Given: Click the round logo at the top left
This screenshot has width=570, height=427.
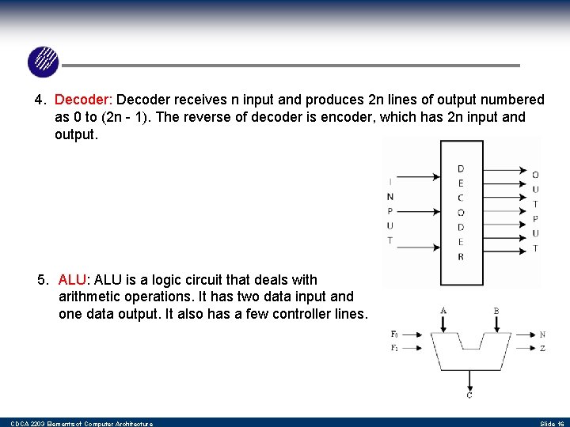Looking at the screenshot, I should (43, 62).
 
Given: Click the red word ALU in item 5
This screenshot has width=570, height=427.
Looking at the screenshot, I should (73, 280).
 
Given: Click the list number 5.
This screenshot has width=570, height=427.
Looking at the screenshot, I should (43, 280).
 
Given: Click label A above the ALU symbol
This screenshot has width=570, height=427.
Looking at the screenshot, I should (443, 310).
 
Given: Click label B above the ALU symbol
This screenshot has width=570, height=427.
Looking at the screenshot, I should (496, 310).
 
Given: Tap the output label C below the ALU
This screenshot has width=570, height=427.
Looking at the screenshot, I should (469, 395).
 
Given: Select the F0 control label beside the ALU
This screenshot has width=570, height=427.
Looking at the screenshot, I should (394, 334).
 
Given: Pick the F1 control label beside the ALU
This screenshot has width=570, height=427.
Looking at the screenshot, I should (394, 348).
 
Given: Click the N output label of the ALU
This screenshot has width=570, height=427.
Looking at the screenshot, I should (542, 334).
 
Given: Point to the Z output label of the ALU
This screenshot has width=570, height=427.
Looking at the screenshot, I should (542, 348).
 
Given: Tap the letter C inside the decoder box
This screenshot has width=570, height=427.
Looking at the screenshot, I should (461, 198).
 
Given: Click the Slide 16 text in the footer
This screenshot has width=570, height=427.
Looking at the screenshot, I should (551, 424).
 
